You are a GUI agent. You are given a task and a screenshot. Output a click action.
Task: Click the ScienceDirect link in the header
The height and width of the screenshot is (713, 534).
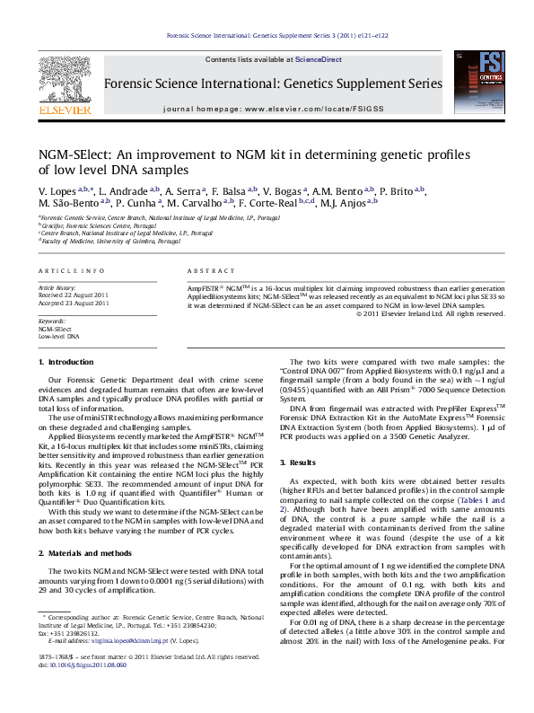tap(319, 59)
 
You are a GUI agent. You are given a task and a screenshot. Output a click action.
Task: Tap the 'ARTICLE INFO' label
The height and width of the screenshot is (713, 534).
tap(65, 270)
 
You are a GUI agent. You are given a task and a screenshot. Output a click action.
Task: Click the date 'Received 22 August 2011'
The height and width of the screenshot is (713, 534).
tap(74, 295)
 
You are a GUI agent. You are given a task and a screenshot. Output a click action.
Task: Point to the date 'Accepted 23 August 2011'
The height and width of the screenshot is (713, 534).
tap(74, 304)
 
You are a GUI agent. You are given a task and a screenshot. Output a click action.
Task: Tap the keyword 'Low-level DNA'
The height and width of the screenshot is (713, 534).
tap(58, 337)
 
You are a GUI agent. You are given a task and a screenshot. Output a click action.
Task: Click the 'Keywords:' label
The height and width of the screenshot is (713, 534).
tap(52, 321)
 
